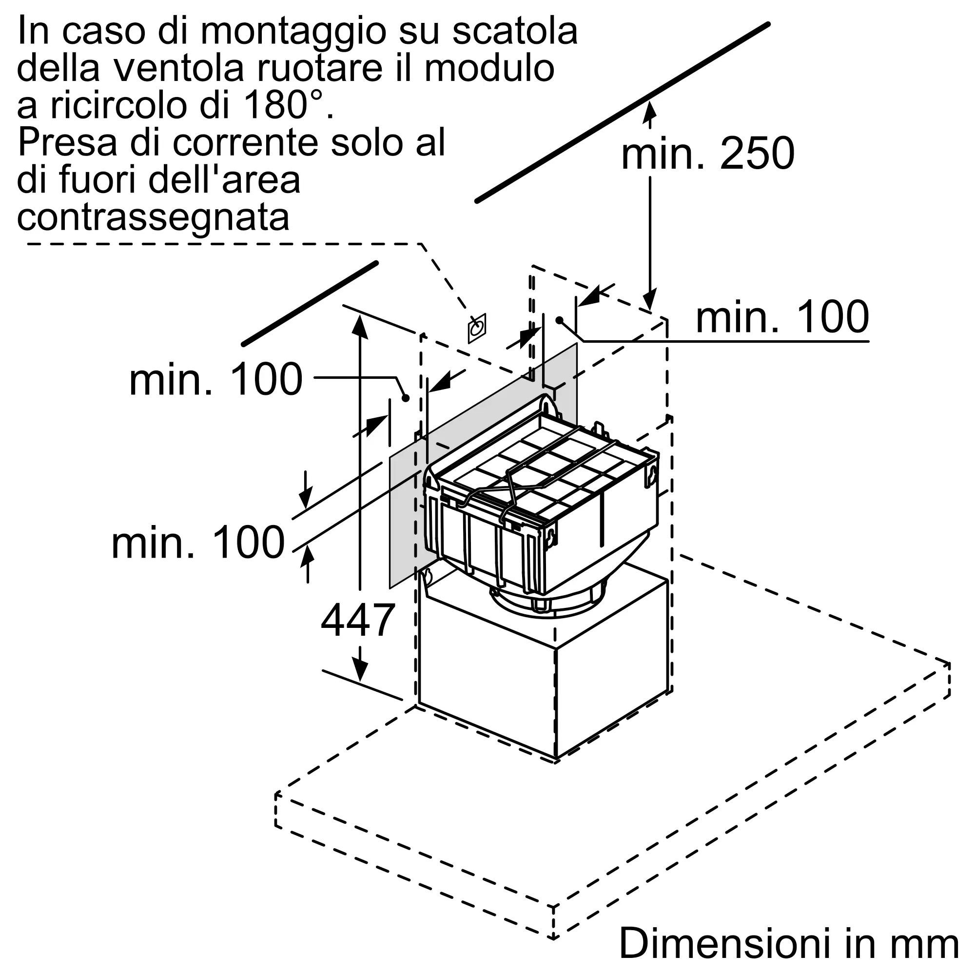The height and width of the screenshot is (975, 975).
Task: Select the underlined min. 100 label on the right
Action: pyautogui.click(x=782, y=317)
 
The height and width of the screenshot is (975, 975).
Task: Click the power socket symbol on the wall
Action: pyautogui.click(x=476, y=328)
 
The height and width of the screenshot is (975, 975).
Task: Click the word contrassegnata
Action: pyautogui.click(x=154, y=217)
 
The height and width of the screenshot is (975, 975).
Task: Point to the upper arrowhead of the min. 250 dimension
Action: pyautogui.click(x=650, y=111)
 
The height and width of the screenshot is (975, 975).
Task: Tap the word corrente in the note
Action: pyautogui.click(x=246, y=143)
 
